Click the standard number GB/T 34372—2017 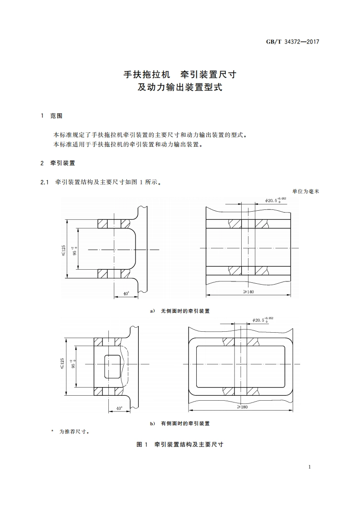coord(292,42)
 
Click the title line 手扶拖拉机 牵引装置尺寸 coord(180,74)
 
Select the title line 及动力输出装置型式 coord(180,87)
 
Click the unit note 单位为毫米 coord(306,192)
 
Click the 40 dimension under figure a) coord(126,294)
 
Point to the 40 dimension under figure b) coord(119,408)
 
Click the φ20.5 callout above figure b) coord(263,320)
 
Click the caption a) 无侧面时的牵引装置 coord(180,311)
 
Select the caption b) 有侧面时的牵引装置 coord(180,423)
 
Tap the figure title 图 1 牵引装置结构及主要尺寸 coord(180,445)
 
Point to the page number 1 coord(309,467)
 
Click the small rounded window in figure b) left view coord(113,367)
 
